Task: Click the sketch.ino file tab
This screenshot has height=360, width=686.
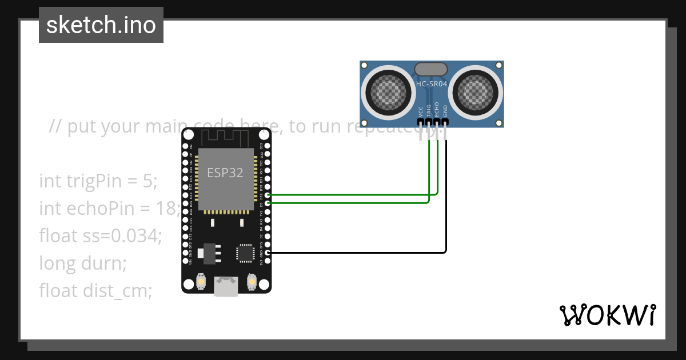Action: [x=101, y=25]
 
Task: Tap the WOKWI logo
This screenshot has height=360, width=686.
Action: [x=607, y=315]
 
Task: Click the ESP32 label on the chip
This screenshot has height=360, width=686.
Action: [x=225, y=173]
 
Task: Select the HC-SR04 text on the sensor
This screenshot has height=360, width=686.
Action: [x=432, y=84]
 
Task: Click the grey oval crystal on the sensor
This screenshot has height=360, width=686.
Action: [x=431, y=69]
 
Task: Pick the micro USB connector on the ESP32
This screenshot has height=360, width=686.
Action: [x=226, y=286]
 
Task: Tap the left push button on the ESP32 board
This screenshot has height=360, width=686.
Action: [x=201, y=282]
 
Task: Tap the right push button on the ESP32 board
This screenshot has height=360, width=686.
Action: [x=251, y=282]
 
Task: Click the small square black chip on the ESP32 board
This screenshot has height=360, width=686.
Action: [x=246, y=253]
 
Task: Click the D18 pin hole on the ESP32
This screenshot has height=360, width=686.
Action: [x=268, y=195]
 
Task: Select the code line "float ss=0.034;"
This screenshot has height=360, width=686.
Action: [x=101, y=235]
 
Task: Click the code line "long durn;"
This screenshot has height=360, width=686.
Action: [x=82, y=263]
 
